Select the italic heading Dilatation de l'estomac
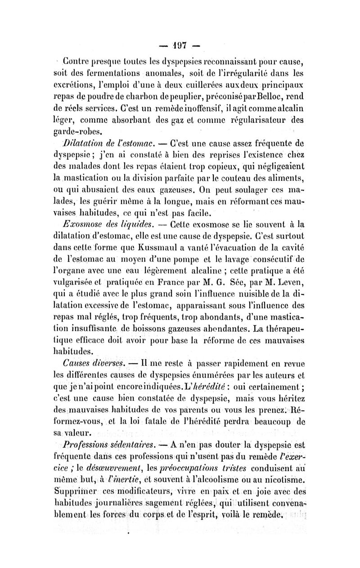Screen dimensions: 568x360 click(x=111, y=144)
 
